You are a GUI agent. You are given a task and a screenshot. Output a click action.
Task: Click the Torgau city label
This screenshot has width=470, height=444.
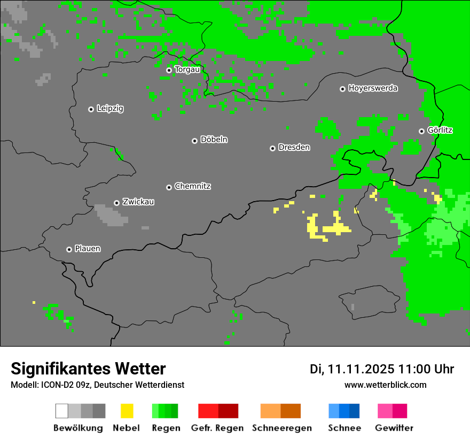pos(187,70)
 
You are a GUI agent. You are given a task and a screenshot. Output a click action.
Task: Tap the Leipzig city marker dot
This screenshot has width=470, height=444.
pos(91,109)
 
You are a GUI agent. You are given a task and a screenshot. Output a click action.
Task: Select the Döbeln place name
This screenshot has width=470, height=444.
pos(214,140)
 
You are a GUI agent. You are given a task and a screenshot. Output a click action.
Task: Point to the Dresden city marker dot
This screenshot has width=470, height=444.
pos(272,148)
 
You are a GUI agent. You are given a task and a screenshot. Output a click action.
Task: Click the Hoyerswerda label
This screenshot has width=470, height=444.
pos(373,88)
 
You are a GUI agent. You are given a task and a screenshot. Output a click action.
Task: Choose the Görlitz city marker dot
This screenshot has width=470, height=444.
pos(421,131)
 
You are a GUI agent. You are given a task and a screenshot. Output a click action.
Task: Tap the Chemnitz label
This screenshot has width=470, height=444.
pos(193,187)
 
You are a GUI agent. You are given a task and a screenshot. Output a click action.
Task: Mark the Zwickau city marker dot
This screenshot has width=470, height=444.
pos(116,203)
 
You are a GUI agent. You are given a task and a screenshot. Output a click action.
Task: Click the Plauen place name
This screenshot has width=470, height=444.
pos(88,249)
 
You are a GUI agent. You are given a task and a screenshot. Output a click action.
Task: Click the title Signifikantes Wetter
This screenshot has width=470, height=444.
pos(88,369)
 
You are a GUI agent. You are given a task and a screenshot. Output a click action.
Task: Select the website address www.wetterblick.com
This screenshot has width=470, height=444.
pos(385,385)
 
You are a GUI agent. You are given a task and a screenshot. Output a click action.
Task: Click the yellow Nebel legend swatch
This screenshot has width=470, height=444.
pos(127,411)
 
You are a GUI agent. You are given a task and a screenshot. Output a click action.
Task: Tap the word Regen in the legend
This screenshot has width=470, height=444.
pos(165,428)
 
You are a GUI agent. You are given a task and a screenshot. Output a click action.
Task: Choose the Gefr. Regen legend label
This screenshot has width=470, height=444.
pos(217,428)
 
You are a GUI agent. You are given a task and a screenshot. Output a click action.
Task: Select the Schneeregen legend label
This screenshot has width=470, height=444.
pos(282,428)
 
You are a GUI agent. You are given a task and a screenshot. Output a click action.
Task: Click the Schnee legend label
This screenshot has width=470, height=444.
pos(344,428)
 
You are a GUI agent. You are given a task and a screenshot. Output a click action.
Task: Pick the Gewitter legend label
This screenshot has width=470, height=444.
pos(394,428)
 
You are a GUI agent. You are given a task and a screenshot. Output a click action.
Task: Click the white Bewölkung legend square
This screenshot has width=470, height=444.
pos(62,411)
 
